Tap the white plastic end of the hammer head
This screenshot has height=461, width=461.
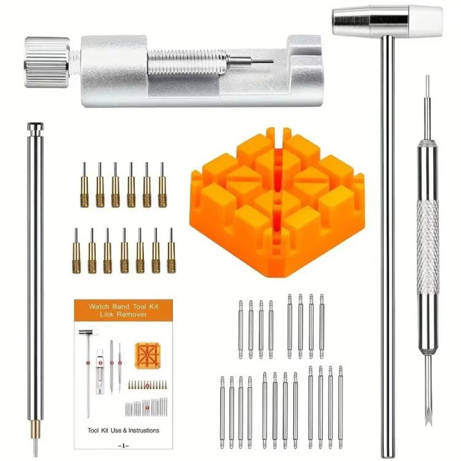[427, 21]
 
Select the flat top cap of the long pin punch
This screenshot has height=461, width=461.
[34, 127]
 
